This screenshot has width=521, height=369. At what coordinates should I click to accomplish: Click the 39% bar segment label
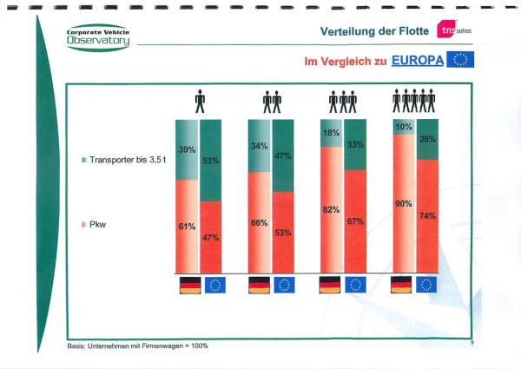[187, 150]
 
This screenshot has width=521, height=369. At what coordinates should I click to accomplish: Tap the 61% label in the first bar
[187, 227]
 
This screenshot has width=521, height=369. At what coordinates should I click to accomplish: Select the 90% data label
[403, 204]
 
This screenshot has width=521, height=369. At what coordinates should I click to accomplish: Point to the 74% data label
[426, 215]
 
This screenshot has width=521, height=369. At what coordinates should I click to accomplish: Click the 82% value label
[331, 210]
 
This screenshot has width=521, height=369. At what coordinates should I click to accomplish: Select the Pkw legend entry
[95, 224]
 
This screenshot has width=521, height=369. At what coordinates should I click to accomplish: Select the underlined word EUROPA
[418, 62]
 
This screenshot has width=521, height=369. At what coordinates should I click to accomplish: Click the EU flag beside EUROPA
[461, 61]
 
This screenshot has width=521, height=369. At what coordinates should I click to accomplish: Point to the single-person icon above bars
[200, 102]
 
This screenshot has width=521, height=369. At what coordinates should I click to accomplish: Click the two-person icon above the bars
[271, 102]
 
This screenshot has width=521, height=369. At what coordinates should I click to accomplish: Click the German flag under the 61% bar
[188, 285]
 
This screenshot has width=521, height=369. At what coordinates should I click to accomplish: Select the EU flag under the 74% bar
[426, 285]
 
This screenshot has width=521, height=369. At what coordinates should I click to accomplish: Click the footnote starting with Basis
[137, 346]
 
